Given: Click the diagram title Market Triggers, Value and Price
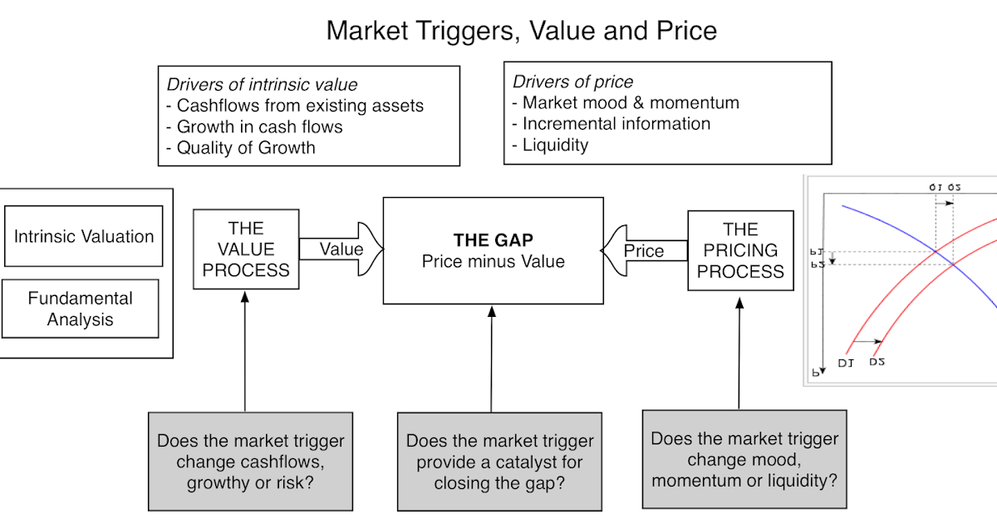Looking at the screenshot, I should (521, 31).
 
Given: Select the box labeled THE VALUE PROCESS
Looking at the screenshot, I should (246, 249).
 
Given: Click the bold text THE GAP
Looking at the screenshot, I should (493, 240).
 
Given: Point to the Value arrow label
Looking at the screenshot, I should (341, 249).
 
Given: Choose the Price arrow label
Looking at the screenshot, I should (644, 250).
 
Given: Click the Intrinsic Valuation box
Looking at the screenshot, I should (83, 236).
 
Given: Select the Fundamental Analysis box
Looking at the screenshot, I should (80, 309).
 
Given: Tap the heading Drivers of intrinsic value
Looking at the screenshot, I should (262, 84).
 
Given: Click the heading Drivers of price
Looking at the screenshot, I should (572, 82).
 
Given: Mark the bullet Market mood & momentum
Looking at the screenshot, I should (626, 102).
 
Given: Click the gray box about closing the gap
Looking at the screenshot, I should (499, 462).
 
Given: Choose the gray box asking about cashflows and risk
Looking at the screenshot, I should (250, 462).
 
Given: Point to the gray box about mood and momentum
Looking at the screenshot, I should (744, 459).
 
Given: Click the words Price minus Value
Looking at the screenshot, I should (493, 261).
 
